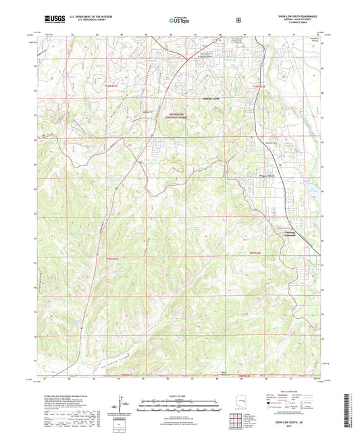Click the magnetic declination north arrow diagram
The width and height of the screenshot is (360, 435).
124,403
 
